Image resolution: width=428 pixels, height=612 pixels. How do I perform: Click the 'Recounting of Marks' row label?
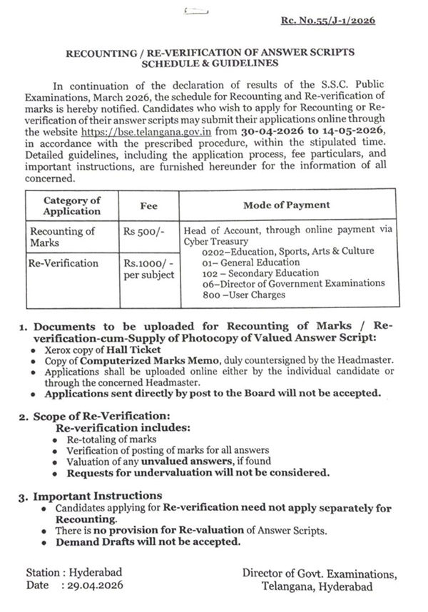click(62, 236)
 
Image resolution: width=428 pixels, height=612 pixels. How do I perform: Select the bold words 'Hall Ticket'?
click(136, 350)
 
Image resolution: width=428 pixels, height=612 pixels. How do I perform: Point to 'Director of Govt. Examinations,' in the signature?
click(317, 573)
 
